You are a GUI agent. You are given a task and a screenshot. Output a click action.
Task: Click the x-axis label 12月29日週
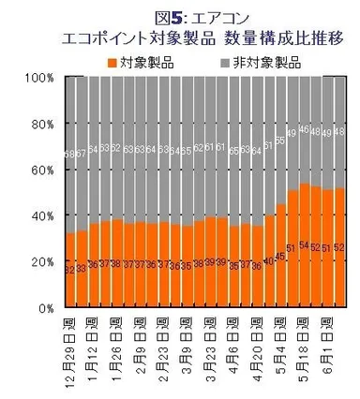coord(71,353)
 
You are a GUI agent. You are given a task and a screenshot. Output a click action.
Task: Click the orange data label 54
coord(304,246)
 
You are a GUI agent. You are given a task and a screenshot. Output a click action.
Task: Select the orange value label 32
coord(70,270)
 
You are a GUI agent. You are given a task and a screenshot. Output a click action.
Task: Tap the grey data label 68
coord(70,154)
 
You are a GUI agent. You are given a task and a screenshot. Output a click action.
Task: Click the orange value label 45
coord(280,256)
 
